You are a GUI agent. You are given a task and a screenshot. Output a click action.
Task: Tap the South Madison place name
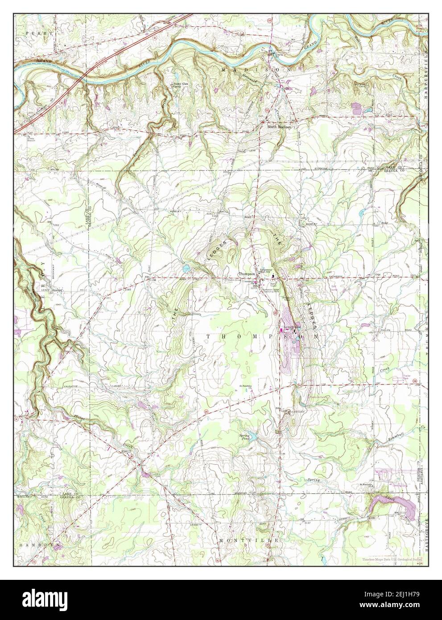pos(279,127)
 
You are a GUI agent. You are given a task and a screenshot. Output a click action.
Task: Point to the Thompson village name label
pos(246,274)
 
